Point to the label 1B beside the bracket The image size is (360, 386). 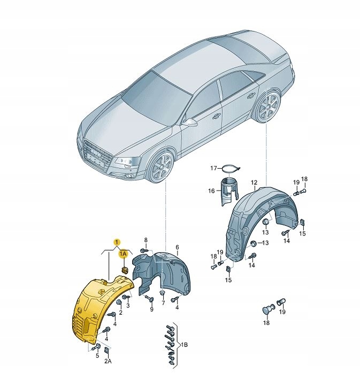pyautogui.click(x=183, y=344)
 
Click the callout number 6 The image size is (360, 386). pyautogui.click(x=177, y=247)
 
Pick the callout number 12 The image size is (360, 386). pyautogui.click(x=254, y=183)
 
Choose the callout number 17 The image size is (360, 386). pyautogui.click(x=213, y=168)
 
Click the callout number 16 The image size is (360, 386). pyautogui.click(x=211, y=191)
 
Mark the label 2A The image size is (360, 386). pyautogui.click(x=108, y=362)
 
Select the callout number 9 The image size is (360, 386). pyautogui.click(x=151, y=309)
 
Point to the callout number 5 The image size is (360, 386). pyautogui.click(x=97, y=355)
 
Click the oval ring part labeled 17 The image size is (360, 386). pyautogui.click(x=230, y=169)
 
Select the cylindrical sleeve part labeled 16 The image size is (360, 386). pyautogui.click(x=228, y=191)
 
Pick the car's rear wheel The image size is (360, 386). pyautogui.click(x=267, y=107)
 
